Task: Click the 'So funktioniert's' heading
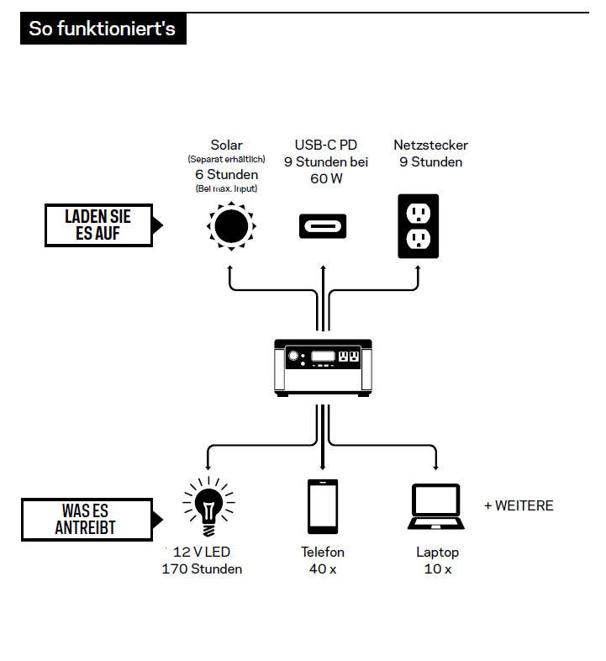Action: pyautogui.click(x=102, y=29)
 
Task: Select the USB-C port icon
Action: pyautogui.click(x=323, y=226)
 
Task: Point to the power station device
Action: pyautogui.click(x=323, y=368)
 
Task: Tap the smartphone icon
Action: pyautogui.click(x=323, y=507)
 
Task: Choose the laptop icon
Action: pyautogui.click(x=437, y=507)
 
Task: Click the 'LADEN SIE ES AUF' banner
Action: pyautogui.click(x=99, y=225)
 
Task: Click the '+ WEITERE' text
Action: pyautogui.click(x=519, y=505)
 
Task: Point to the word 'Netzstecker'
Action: pyautogui.click(x=430, y=145)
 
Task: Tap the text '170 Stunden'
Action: pyautogui.click(x=202, y=569)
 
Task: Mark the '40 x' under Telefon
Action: pyautogui.click(x=323, y=569)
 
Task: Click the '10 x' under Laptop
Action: pyautogui.click(x=437, y=569)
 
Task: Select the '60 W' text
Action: pyautogui.click(x=326, y=179)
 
